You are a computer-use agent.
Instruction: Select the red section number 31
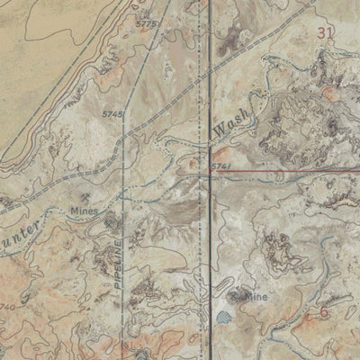point(326,32)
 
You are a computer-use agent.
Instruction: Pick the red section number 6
point(323,312)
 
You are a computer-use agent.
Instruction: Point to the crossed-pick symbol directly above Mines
point(84,197)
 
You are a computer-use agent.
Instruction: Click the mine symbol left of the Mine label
point(235,295)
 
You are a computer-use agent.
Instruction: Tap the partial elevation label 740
point(8,307)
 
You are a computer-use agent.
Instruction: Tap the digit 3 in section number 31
point(321,32)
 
